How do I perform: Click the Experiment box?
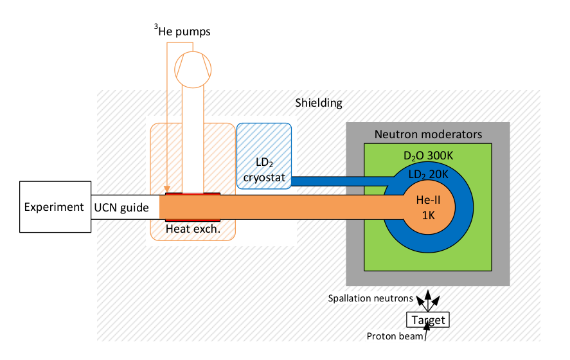55,206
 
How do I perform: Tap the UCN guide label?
121,208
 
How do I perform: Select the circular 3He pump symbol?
193,69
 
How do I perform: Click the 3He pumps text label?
182,31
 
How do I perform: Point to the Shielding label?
319,103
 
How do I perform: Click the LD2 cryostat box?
264,156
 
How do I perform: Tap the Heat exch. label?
193,229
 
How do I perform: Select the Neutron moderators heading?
428,134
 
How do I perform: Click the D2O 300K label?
428,156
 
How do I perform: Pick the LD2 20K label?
428,175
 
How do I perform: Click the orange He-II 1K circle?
428,207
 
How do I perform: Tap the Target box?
428,319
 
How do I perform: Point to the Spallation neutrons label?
370,298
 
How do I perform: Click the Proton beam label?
395,336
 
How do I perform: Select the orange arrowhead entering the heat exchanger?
167,189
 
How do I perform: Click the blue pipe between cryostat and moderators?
342,181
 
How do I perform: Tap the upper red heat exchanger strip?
193,194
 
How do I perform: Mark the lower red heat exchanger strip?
193,221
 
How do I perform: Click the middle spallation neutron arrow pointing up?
428,300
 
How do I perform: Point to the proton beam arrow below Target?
427,332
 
